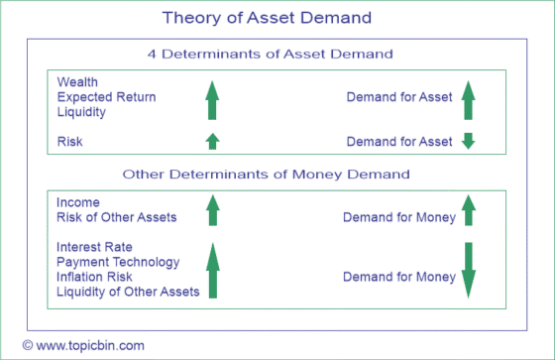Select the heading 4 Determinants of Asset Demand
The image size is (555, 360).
pyautogui.click(x=270, y=54)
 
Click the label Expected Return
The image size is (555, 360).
pyautogui.click(x=106, y=97)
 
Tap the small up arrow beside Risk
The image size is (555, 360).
pyautogui.click(x=210, y=141)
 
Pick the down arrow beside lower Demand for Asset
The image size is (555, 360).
pyautogui.click(x=469, y=141)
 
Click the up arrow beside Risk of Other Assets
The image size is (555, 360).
pyautogui.click(x=210, y=210)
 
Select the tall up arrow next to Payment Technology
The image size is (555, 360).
pyautogui.click(x=210, y=271)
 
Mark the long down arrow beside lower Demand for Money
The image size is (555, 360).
pyautogui.click(x=469, y=270)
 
